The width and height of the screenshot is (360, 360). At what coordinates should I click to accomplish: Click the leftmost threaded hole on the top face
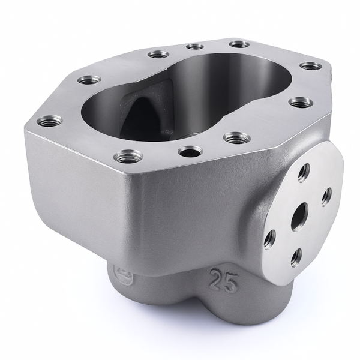pos(49,121)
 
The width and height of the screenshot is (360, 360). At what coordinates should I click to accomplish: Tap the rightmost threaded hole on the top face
pos(310,65)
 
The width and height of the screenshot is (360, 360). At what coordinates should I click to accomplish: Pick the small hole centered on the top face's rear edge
pos(194,46)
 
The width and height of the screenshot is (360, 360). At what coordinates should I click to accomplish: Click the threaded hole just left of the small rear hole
pos(158,54)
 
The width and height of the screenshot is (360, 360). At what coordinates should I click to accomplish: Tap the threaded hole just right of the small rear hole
pos(239,44)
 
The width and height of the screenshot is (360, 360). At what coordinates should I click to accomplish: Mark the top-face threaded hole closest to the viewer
pos(128,157)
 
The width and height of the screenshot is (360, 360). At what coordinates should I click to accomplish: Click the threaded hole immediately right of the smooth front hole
pos(237,138)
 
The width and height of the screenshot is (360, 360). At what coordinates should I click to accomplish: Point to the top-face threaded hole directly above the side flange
pos(300,103)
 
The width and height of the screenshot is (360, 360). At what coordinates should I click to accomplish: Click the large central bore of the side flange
pos(299,217)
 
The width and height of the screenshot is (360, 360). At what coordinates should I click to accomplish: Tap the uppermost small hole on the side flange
pos(304,172)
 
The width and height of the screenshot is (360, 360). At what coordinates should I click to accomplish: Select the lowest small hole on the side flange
pos(296,257)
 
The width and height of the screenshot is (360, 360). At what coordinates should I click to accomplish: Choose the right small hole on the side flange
pos(326,196)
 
